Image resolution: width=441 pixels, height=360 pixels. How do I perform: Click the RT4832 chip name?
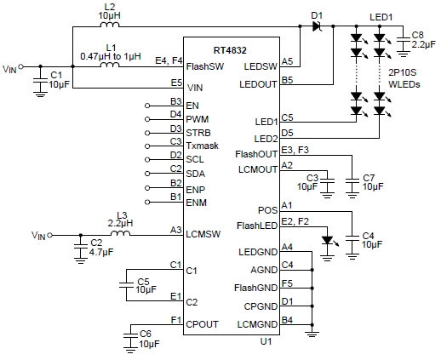[230, 50]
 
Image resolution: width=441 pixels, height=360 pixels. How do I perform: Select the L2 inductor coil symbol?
[110, 25]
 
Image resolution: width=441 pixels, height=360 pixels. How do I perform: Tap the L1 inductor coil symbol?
[110, 65]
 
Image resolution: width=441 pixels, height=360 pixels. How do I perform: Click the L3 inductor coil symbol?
[120, 233]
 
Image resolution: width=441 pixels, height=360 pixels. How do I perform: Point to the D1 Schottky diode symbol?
[317, 26]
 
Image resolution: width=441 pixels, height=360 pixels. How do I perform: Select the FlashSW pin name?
[205, 66]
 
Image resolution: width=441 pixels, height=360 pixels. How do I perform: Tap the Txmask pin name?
[202, 146]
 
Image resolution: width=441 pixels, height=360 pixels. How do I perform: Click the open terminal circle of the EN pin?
[147, 106]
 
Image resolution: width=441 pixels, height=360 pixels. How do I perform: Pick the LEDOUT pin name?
[258, 84]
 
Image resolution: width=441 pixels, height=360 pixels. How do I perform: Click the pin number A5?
[287, 61]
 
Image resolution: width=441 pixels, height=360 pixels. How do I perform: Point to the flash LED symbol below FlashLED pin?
[328, 241]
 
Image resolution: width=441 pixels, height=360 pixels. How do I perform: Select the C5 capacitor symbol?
[126, 285]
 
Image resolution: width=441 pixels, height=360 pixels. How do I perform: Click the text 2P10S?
[403, 72]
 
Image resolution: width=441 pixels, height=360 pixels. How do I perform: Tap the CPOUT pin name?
[202, 324]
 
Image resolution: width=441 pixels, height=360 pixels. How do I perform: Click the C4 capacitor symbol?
[352, 238]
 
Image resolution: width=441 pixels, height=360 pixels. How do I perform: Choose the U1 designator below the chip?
[266, 341]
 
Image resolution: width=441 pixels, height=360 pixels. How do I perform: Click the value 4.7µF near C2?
[101, 252]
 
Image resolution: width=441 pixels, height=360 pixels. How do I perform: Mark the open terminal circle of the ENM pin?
[147, 203]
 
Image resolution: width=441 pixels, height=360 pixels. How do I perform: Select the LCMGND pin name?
[257, 324]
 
